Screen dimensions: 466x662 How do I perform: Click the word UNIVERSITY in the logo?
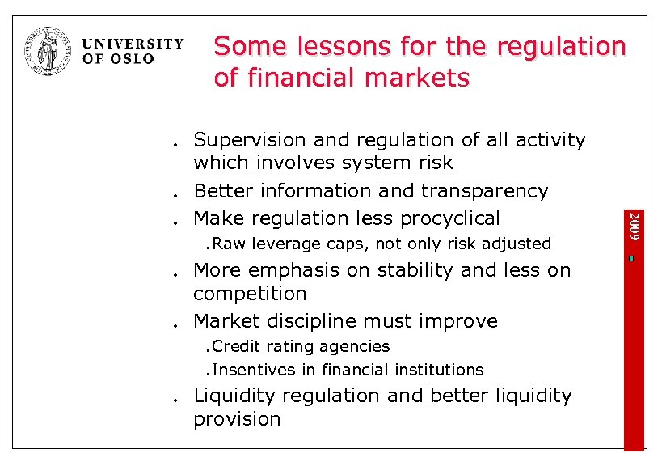point(133,44)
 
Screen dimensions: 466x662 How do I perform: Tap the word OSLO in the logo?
point(130,59)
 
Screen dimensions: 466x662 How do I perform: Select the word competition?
point(250,294)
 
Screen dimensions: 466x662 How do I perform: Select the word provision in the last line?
point(237,419)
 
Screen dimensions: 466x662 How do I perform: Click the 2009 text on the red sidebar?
point(635,225)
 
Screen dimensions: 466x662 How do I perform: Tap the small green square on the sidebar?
point(634,259)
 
